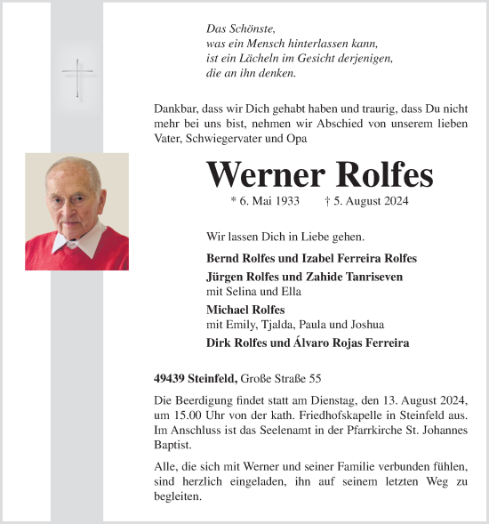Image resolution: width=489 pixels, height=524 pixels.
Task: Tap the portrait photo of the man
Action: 76,211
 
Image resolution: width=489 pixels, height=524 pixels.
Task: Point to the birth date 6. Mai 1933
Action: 264,202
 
